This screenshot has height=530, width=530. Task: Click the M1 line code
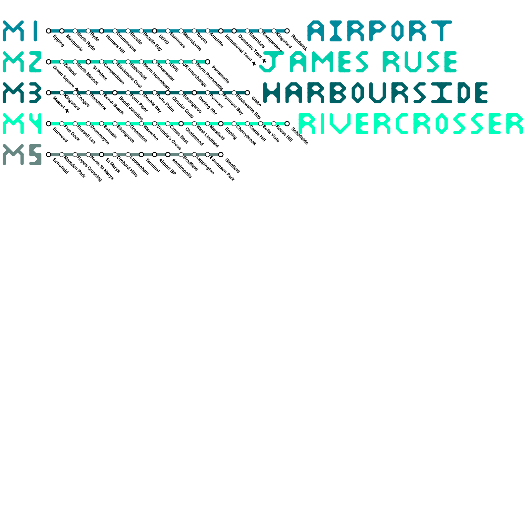22,31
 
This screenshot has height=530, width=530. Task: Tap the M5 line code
22,154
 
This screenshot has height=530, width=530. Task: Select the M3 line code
22,93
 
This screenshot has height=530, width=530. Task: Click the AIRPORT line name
380,31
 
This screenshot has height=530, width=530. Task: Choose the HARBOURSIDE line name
375,93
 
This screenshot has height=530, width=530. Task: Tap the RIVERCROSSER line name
410,124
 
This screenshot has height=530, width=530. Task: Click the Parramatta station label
220,75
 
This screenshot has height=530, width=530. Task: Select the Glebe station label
256,102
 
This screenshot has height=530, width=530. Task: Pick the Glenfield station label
232,166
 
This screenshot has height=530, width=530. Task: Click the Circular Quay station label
183,107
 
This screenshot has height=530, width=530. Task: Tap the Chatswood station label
194,136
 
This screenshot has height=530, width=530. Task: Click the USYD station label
164,39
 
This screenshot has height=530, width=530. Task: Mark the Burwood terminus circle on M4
49,124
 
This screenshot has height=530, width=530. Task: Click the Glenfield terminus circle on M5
221,154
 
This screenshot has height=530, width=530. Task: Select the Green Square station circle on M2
49,62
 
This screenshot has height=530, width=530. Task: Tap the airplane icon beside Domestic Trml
264,60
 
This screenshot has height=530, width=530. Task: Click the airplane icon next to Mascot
67,111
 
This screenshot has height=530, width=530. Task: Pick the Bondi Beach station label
113,104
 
